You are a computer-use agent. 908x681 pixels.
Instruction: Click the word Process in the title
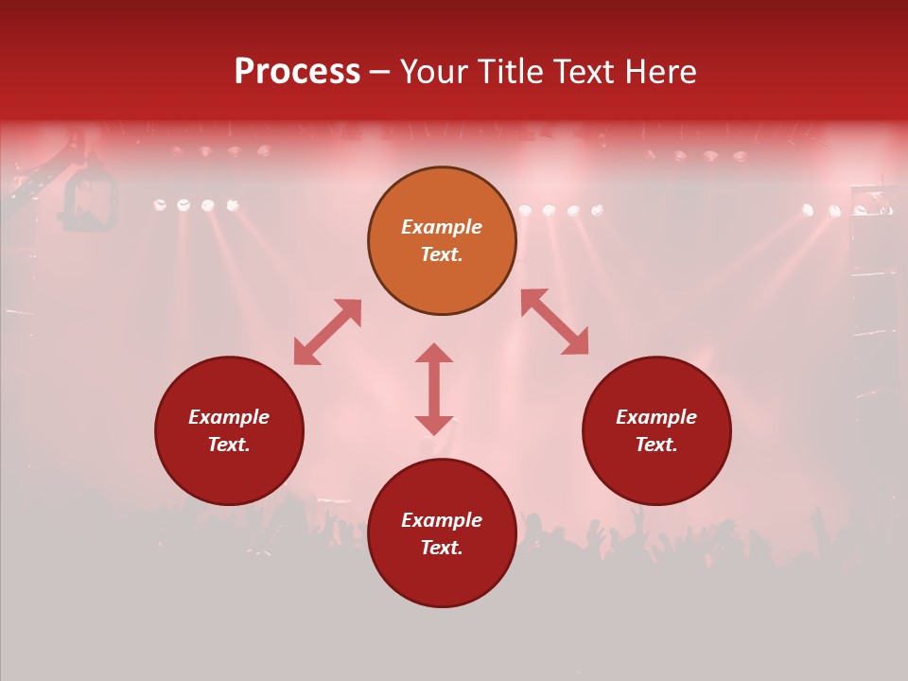click(297, 72)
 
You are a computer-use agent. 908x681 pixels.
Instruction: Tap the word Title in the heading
click(506, 72)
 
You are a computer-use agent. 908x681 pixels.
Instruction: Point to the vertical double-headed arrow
click(434, 389)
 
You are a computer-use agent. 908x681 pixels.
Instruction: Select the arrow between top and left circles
click(327, 332)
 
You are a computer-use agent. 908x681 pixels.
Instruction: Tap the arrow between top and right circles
click(554, 322)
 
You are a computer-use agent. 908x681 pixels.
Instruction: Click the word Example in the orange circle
click(442, 227)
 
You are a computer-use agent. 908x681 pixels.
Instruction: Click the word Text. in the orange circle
click(442, 254)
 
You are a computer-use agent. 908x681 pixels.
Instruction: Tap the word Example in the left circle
click(229, 417)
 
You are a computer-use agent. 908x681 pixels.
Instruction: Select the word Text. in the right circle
click(656, 445)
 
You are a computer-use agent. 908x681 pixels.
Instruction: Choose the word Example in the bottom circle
click(442, 520)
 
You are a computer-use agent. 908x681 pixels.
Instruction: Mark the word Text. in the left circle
click(229, 445)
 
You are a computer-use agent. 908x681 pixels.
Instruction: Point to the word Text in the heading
click(580, 72)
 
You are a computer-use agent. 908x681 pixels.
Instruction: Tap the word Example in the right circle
click(656, 417)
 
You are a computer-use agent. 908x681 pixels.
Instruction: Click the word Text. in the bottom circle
click(442, 548)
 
